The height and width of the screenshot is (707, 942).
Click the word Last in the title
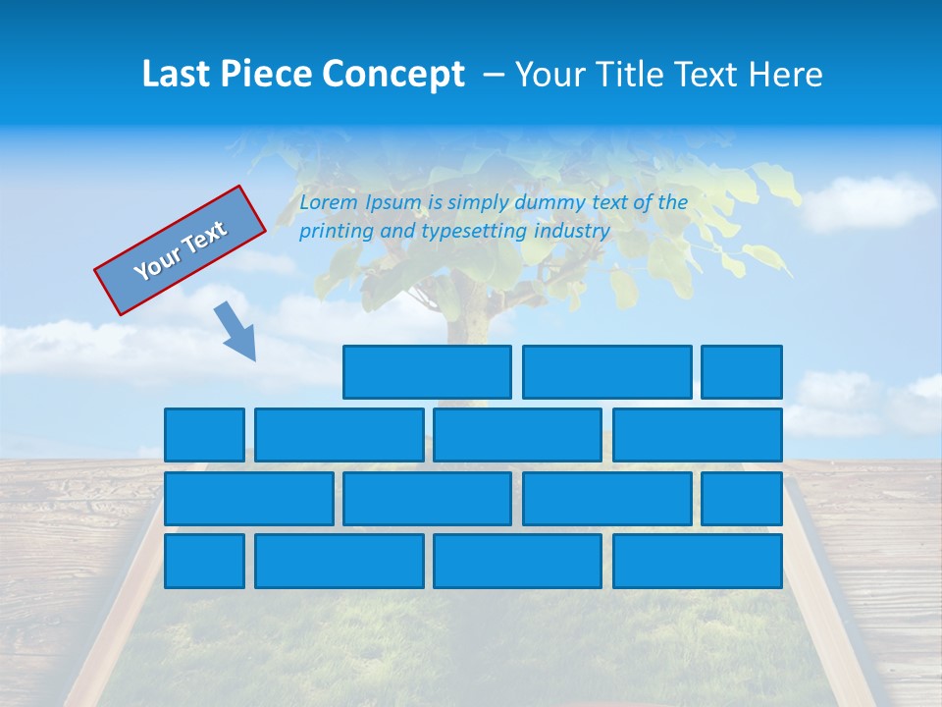click(x=178, y=75)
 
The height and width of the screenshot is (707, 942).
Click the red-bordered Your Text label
click(x=181, y=249)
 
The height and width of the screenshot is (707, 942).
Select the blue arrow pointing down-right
click(x=236, y=331)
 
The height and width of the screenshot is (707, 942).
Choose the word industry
click(x=572, y=231)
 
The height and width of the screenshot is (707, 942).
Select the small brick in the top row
click(x=741, y=371)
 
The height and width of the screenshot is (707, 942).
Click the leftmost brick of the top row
click(x=427, y=371)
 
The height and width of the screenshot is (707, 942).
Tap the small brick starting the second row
click(x=204, y=435)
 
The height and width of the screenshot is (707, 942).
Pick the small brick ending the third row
click(x=741, y=498)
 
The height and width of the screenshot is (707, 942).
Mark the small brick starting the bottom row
click(x=204, y=561)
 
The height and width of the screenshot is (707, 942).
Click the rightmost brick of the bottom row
click(x=697, y=561)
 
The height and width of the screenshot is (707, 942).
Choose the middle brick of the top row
click(x=606, y=371)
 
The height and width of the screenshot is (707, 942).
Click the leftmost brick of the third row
click(x=248, y=498)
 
